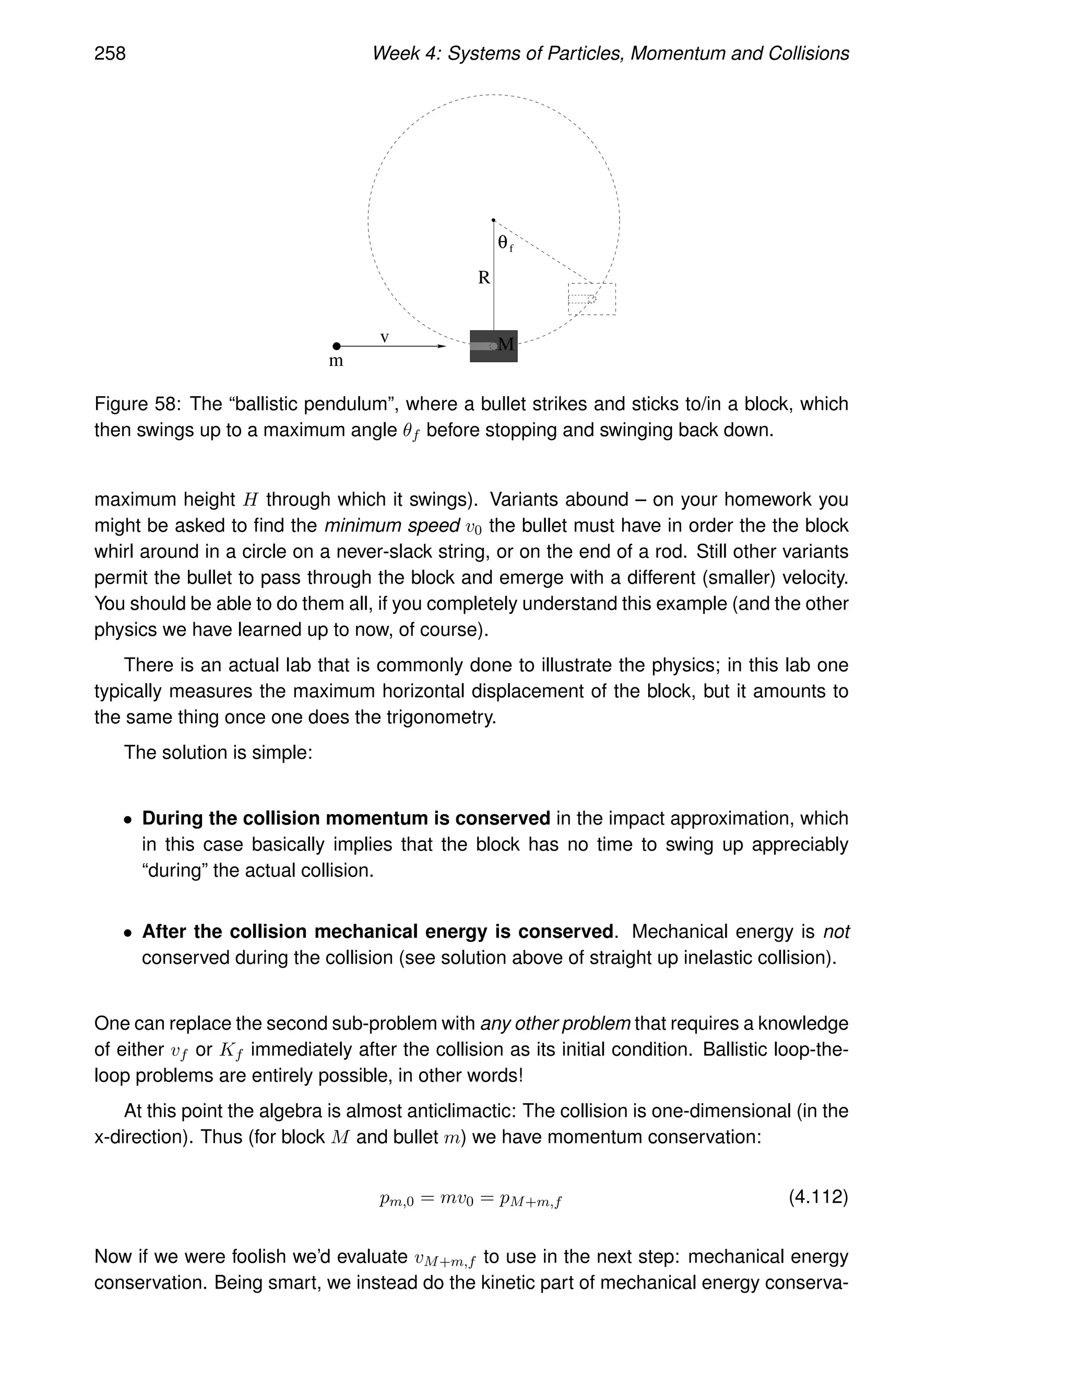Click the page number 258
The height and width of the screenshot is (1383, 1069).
[110, 53]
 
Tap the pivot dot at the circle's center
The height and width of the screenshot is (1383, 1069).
[493, 220]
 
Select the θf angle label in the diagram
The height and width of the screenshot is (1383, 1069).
[505, 243]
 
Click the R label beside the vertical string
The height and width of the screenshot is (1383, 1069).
[484, 277]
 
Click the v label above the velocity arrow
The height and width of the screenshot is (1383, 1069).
[384, 338]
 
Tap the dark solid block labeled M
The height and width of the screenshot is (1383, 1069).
[493, 347]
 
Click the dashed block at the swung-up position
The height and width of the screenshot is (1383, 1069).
[591, 299]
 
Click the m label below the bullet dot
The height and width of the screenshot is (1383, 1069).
[336, 362]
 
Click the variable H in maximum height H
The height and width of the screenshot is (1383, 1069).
[250, 499]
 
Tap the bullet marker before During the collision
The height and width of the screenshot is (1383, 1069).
[128, 820]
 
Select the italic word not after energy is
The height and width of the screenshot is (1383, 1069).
[836, 932]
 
